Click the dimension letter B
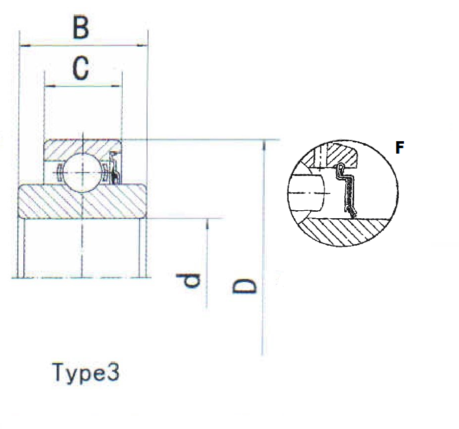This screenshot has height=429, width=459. [x=80, y=28]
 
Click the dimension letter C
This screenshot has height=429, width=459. [x=80, y=68]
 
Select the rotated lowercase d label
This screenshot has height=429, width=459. [x=188, y=280]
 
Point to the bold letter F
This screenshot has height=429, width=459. [x=399, y=148]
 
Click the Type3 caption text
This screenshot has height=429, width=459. [x=86, y=373]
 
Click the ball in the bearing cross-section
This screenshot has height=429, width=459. [x=83, y=172]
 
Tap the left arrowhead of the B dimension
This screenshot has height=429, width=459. [x=25, y=46]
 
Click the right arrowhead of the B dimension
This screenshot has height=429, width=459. [x=142, y=46]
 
